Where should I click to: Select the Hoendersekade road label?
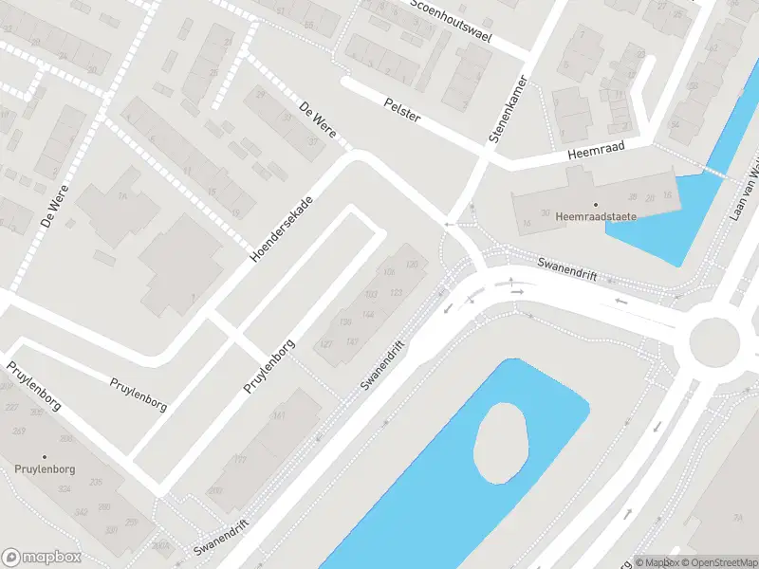tap(281, 224)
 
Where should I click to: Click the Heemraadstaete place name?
tap(596, 216)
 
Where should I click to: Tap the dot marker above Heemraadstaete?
tap(596, 204)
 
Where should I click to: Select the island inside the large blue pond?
tap(500, 440)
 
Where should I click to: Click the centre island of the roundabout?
tap(713, 340)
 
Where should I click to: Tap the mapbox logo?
tap(42, 557)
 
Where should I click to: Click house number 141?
tap(279, 415)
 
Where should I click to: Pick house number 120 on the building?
tap(411, 264)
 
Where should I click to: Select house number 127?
tap(327, 343)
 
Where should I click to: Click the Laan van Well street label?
tap(745, 190)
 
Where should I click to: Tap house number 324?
tap(65, 489)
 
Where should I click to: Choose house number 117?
tap(240, 459)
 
